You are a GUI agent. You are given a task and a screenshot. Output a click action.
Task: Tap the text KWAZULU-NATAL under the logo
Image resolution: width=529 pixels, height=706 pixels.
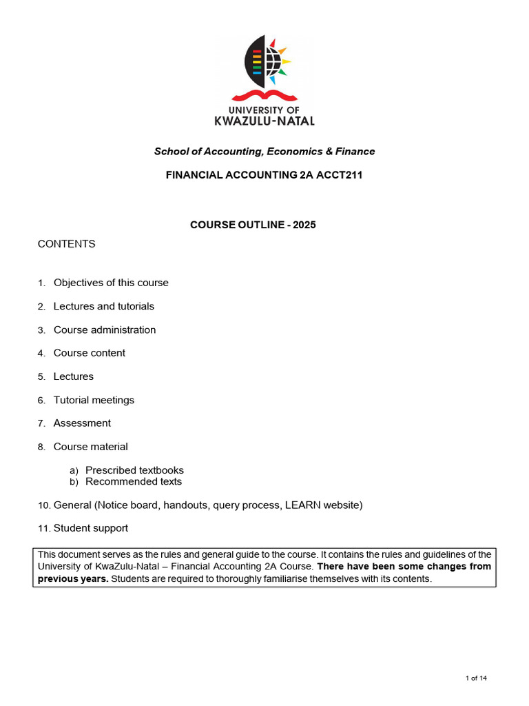264,121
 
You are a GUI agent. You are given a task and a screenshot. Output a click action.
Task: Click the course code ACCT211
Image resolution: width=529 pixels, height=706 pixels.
339,175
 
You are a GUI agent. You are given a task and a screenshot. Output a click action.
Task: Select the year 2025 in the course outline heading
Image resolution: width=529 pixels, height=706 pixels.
304,225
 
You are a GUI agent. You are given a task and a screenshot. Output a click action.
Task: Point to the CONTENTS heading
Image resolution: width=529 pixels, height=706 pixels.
66,244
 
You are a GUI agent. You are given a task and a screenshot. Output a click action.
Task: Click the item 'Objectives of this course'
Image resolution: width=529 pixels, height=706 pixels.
111,283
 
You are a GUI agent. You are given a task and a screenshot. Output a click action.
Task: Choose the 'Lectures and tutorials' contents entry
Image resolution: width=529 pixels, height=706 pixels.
104,306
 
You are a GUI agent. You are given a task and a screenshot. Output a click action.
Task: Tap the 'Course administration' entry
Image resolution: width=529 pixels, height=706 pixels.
105,330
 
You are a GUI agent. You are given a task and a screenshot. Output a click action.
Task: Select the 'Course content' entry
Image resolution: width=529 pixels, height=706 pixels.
90,353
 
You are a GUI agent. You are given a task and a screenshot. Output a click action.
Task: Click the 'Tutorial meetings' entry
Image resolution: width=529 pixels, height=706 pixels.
94,400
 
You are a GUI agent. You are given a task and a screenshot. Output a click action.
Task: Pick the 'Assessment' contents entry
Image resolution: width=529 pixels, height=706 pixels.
82,423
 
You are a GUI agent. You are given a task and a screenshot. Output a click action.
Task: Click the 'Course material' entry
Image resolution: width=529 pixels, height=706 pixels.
91,447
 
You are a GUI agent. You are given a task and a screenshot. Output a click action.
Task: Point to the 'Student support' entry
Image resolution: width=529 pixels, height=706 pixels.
91,528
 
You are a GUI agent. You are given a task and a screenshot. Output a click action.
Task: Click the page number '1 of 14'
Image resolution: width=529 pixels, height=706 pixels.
476,678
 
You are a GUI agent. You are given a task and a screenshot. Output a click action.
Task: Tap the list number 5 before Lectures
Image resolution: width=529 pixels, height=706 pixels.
41,377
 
